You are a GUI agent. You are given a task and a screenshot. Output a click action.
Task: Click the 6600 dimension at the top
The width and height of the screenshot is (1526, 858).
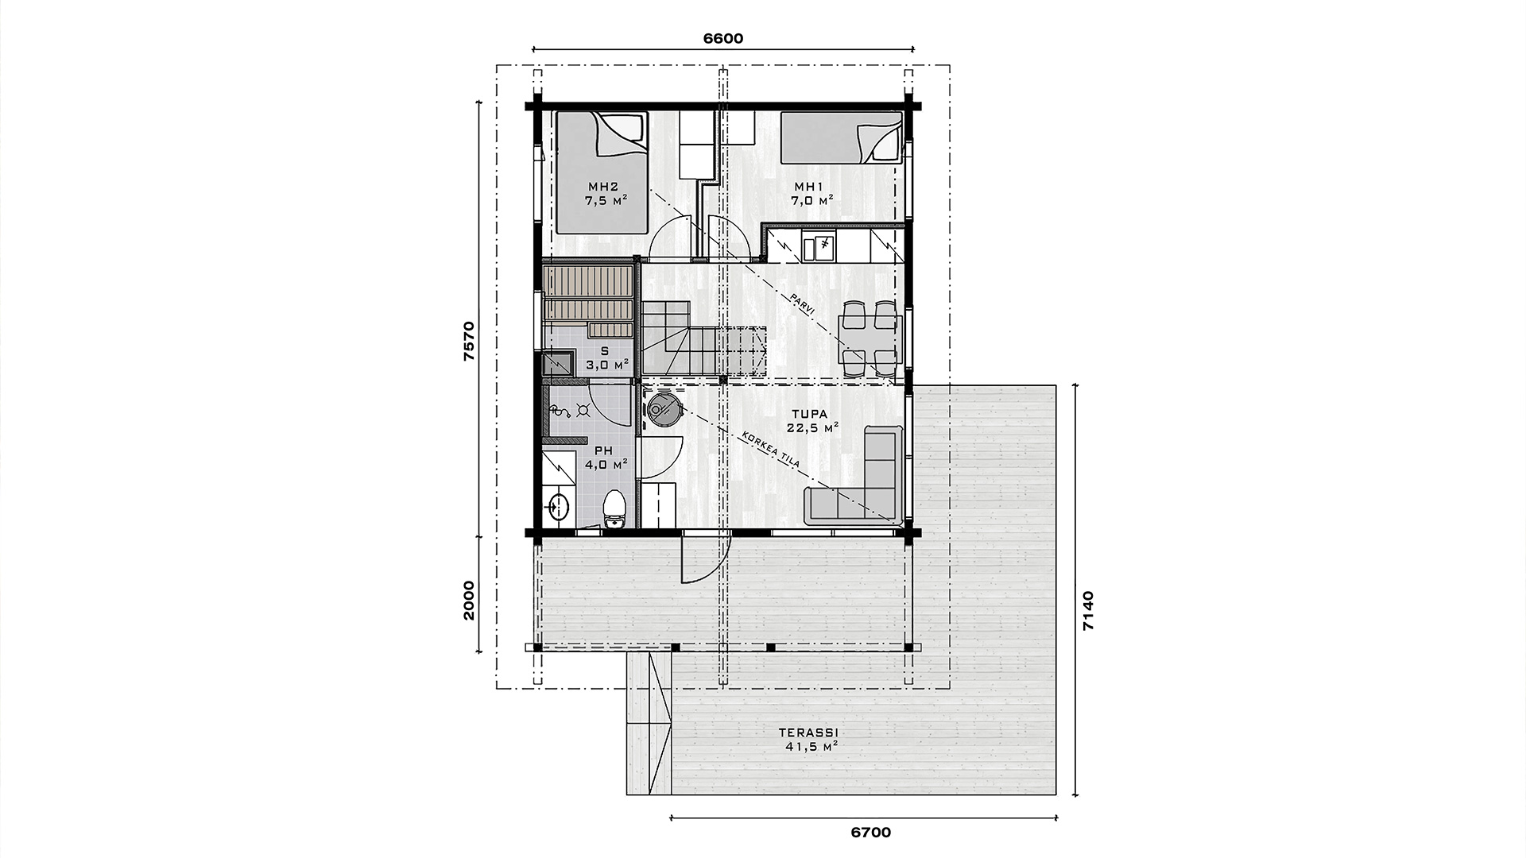point(722,39)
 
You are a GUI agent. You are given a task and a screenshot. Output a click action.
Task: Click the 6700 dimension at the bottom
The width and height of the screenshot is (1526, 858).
point(870,833)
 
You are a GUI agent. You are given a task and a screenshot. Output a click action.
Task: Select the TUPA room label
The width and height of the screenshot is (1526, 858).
point(810,414)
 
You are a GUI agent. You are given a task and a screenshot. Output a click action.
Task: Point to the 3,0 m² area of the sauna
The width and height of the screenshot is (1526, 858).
point(607,365)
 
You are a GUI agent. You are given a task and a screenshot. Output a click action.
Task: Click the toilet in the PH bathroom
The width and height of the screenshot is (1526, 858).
point(614,508)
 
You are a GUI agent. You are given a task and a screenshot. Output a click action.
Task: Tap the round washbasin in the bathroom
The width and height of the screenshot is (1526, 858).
point(558,504)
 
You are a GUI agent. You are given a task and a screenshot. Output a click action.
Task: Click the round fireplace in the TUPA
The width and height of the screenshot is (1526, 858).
point(662,409)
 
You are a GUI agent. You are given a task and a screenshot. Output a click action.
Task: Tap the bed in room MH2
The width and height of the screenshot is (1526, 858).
point(601,172)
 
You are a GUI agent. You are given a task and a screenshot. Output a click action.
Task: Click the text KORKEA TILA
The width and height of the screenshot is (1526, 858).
point(769,450)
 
